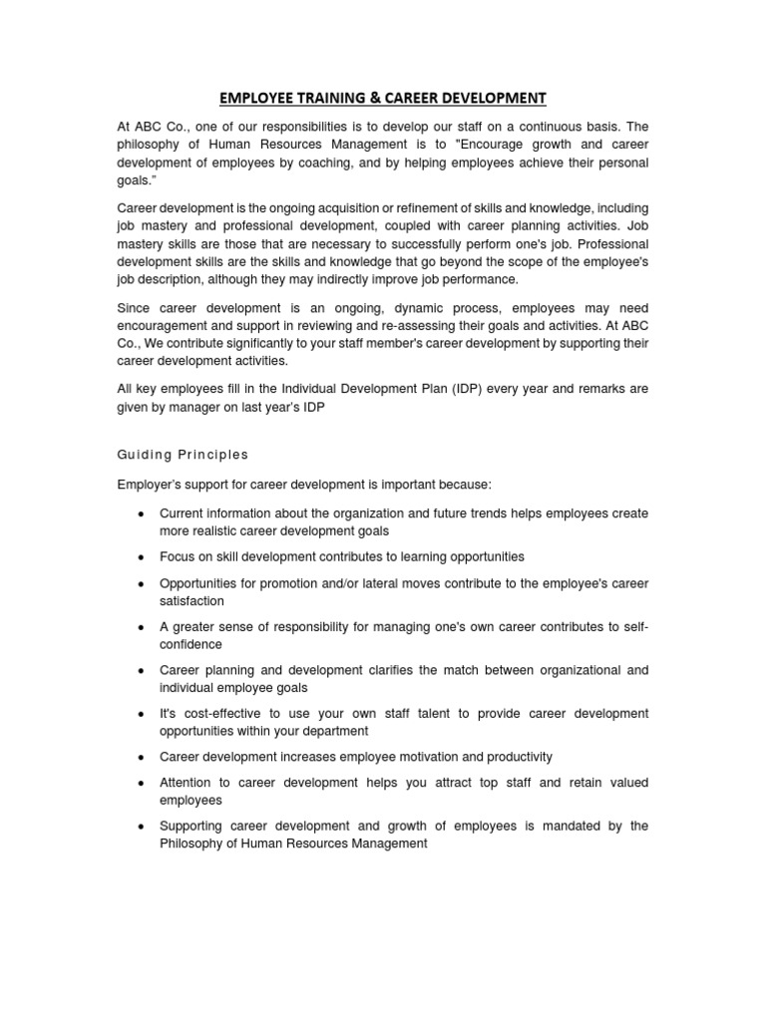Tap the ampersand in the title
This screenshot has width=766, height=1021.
click(374, 98)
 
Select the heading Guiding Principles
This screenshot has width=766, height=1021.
click(183, 455)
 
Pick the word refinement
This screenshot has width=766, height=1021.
click(449, 208)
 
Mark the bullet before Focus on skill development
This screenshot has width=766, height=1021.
click(141, 557)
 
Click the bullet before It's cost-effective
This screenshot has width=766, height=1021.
click(141, 714)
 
